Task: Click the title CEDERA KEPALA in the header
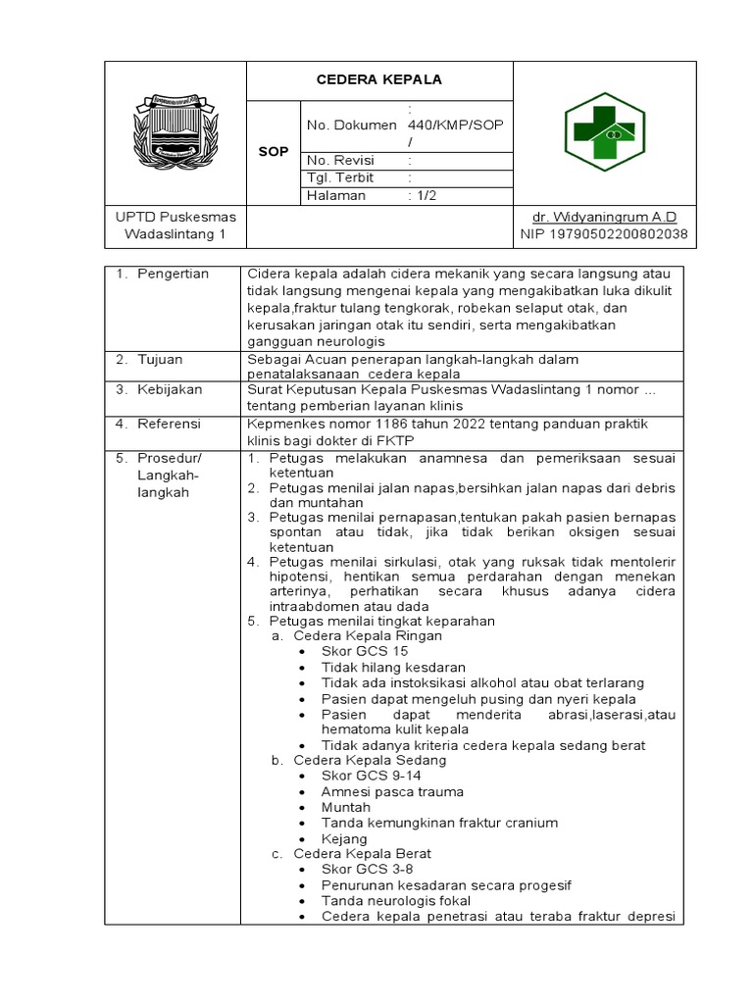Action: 378,79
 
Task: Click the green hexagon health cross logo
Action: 604,132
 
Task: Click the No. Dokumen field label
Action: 352,125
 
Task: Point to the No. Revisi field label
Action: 340,161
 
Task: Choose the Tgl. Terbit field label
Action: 342,178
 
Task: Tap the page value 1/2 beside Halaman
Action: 425,195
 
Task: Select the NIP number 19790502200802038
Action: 604,234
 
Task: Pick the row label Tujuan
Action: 164,360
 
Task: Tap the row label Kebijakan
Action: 171,389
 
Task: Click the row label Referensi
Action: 171,424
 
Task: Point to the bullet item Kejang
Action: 344,838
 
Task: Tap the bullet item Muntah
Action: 346,807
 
